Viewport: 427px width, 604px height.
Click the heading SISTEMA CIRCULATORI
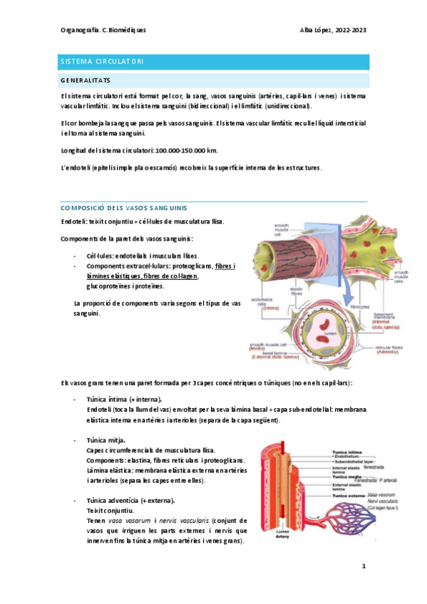tap(93, 61)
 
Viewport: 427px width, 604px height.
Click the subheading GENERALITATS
tap(85, 80)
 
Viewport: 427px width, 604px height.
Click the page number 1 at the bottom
tap(364, 567)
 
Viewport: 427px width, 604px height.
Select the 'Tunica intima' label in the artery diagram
tap(346, 451)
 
